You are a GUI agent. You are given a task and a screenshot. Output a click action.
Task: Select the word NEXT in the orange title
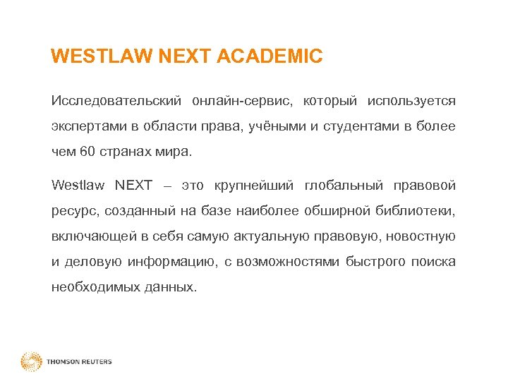(186, 56)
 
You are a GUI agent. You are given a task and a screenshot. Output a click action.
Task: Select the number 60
(87, 152)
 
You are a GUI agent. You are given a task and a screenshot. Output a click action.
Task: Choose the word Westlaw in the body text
(77, 186)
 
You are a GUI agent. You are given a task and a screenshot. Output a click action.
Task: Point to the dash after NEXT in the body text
(167, 186)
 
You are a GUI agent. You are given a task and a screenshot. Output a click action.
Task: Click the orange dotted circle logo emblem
(31, 362)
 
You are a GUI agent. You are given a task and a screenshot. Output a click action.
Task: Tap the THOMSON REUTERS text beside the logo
(79, 362)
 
